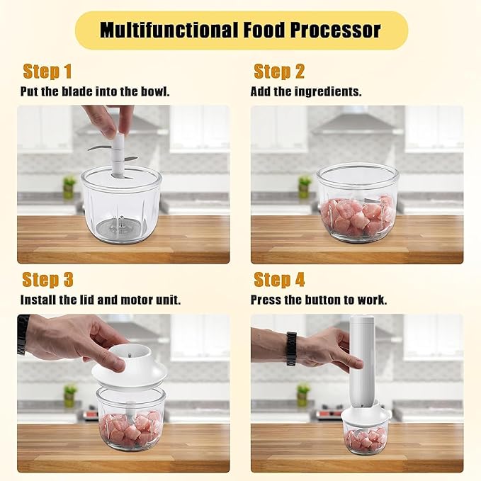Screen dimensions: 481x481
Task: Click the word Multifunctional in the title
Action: pyautogui.click(x=169, y=30)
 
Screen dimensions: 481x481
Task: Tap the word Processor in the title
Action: pyautogui.click(x=335, y=30)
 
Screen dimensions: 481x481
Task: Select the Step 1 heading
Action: pyautogui.click(x=47, y=72)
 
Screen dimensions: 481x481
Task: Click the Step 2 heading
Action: pyautogui.click(x=279, y=72)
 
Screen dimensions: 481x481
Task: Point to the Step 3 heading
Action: pyautogui.click(x=48, y=280)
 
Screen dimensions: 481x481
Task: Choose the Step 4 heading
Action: pyautogui.click(x=279, y=280)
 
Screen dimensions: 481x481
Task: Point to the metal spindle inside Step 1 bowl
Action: pyautogui.click(x=120, y=222)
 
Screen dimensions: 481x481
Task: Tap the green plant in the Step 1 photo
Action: pyautogui.click(x=69, y=186)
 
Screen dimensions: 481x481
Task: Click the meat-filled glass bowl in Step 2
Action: pyautogui.click(x=358, y=203)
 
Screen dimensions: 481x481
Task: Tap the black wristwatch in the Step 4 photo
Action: pyautogui.click(x=291, y=349)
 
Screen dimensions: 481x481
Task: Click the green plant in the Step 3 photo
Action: pyautogui.click(x=69, y=395)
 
